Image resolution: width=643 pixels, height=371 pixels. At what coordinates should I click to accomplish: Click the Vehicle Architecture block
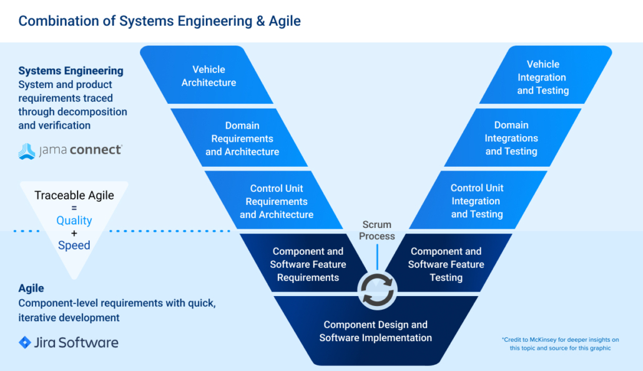(x=209, y=76)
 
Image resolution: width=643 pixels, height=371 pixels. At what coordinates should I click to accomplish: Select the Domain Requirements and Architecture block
(x=242, y=139)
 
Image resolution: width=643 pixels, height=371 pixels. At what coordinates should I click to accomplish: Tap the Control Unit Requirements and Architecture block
(x=277, y=201)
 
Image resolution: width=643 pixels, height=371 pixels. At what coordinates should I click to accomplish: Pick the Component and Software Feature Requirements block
(x=308, y=264)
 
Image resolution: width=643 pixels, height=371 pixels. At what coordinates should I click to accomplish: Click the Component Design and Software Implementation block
(x=375, y=332)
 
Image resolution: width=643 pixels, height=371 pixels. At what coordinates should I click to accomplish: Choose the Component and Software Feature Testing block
(x=446, y=264)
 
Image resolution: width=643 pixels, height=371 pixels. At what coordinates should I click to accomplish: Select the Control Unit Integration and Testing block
(x=477, y=201)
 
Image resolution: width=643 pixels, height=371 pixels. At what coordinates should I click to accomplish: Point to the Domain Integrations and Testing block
(x=511, y=138)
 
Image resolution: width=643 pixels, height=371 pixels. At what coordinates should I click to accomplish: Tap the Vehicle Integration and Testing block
(x=542, y=77)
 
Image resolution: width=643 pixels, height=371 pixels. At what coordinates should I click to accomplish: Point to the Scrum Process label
(x=377, y=230)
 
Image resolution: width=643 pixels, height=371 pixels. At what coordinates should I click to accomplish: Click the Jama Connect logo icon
(x=27, y=151)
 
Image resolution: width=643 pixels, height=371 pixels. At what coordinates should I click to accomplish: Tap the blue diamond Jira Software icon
(x=25, y=342)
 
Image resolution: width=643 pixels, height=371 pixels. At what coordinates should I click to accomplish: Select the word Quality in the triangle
(x=74, y=220)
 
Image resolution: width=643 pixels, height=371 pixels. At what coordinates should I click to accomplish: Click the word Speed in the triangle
(x=74, y=245)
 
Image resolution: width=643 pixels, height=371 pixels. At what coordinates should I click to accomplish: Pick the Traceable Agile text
(x=74, y=195)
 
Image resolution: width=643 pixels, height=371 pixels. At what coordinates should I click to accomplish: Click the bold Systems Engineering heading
(x=71, y=71)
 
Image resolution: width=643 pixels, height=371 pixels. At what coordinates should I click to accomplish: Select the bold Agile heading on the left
(x=31, y=288)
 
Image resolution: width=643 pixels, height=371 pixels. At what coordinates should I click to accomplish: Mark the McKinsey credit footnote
(x=560, y=344)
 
